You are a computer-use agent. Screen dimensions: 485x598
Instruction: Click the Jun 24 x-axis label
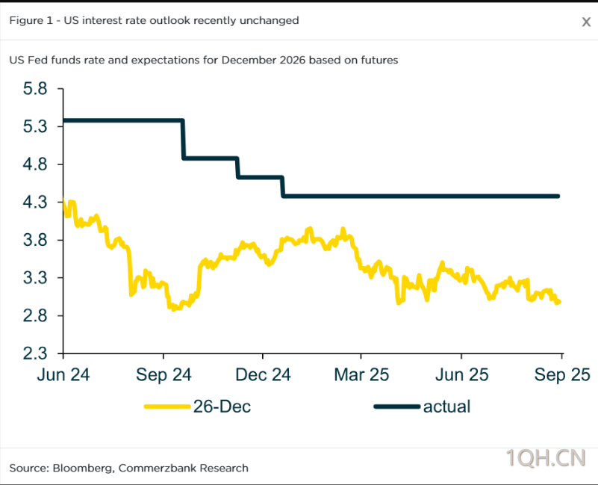point(63,374)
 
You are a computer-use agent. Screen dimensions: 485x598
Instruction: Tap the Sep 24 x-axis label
point(163,374)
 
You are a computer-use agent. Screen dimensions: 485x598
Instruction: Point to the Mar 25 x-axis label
point(361,374)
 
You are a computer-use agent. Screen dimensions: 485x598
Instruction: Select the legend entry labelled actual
point(446,407)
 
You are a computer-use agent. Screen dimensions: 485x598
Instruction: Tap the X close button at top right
point(586,22)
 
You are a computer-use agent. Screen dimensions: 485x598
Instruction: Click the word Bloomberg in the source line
point(81,468)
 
